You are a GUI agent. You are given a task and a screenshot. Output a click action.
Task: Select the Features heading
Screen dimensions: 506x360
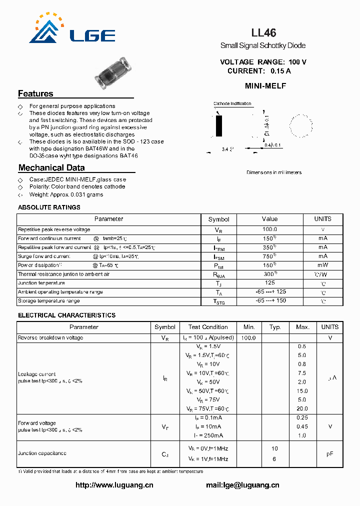click(x=35, y=93)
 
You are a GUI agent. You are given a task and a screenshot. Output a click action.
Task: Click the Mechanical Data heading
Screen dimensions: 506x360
click(x=51, y=168)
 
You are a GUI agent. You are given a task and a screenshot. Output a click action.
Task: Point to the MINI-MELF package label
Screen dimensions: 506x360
click(x=265, y=86)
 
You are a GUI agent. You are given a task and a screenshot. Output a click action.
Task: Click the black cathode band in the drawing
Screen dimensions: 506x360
click(x=219, y=126)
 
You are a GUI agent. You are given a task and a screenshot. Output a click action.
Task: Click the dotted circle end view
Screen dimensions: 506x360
click(x=301, y=125)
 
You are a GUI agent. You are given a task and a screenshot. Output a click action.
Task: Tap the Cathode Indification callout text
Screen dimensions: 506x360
click(x=232, y=104)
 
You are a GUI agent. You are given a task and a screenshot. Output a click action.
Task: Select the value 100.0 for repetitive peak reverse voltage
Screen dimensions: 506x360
click(x=269, y=229)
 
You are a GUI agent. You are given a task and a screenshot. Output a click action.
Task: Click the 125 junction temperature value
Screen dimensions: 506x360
click(x=269, y=283)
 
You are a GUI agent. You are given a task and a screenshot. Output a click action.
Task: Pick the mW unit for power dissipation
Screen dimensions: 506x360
click(x=323, y=265)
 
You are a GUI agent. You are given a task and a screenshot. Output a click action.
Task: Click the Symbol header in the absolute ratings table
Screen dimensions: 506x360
click(x=218, y=219)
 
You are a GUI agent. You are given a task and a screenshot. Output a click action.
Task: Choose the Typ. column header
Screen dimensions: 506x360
click(x=275, y=327)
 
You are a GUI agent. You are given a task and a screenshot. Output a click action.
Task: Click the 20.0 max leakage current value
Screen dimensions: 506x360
click(x=302, y=408)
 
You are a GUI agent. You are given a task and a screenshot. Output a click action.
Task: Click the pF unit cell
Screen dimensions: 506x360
click(x=330, y=453)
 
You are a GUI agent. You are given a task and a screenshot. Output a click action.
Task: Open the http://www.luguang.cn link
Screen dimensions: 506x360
click(x=114, y=485)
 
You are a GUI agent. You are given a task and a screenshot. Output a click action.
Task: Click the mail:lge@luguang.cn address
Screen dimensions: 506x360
click(x=242, y=485)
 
